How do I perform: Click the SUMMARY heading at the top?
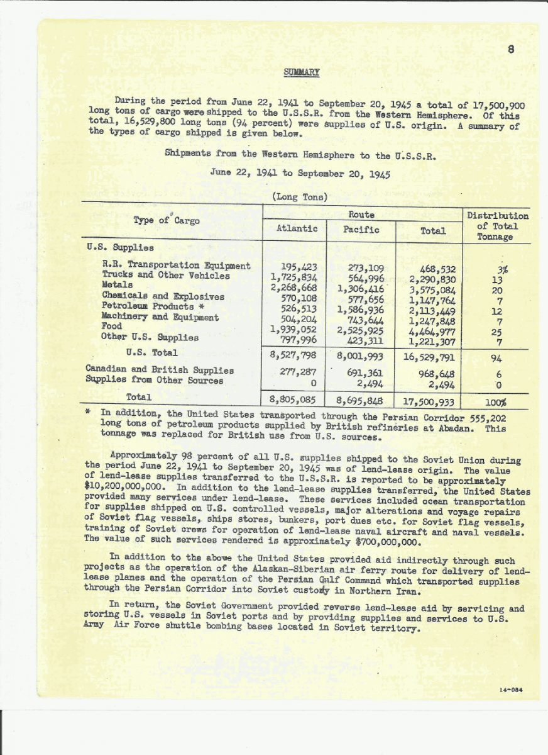[x=302, y=72]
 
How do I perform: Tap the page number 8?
[x=511, y=51]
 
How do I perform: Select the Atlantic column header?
[x=297, y=230]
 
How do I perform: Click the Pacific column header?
[x=361, y=230]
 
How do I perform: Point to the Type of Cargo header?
[x=167, y=220]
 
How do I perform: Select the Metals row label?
[x=118, y=285]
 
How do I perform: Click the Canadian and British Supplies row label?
[x=160, y=370]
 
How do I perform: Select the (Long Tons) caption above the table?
[x=300, y=196]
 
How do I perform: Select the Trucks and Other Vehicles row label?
[x=166, y=276]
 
